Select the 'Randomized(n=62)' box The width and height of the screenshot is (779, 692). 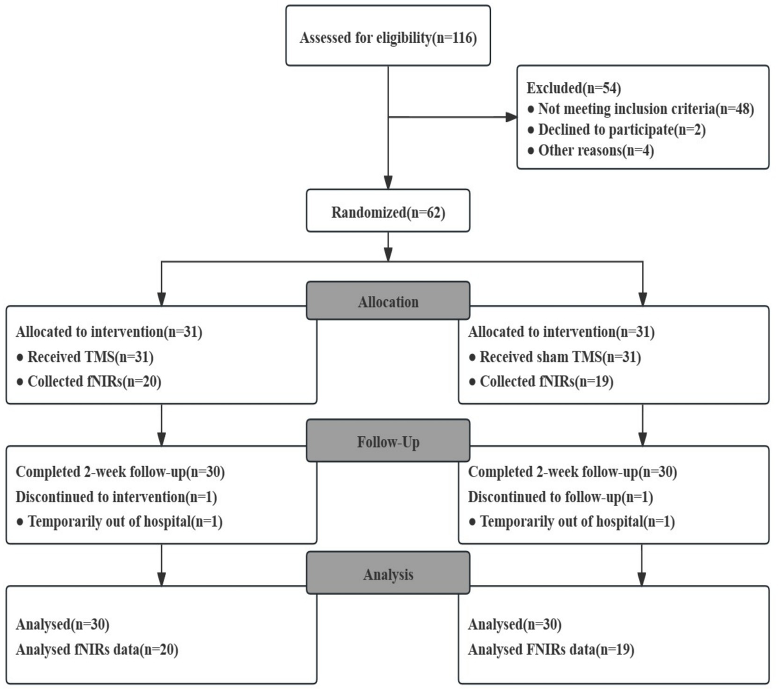click(x=388, y=212)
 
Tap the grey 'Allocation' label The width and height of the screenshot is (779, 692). click(x=388, y=301)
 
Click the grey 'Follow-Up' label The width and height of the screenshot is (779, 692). click(x=388, y=441)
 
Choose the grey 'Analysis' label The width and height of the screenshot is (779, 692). click(x=388, y=574)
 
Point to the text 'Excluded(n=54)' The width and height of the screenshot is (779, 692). click(x=573, y=88)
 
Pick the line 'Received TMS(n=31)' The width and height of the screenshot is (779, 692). click(x=90, y=357)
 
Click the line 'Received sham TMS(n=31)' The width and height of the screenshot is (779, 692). click(x=560, y=357)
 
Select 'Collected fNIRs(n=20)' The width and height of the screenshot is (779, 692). click(x=94, y=382)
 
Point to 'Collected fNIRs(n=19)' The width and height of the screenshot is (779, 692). click(x=546, y=382)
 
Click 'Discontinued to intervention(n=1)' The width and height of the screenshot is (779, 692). click(x=116, y=497)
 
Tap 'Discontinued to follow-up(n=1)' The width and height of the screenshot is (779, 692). click(x=560, y=497)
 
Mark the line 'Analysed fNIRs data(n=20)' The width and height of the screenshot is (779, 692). click(x=97, y=649)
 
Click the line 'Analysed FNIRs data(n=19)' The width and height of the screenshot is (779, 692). click(x=551, y=649)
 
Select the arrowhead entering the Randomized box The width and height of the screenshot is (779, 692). click(x=388, y=183)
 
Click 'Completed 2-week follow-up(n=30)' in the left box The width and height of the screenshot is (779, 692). click(x=120, y=472)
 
